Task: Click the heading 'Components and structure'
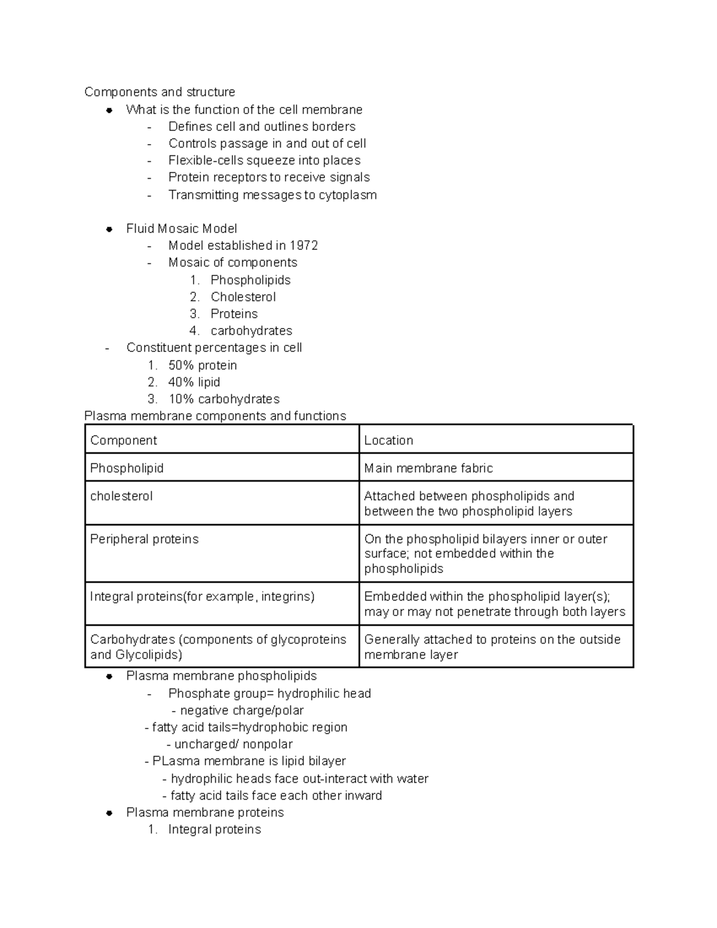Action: (x=160, y=92)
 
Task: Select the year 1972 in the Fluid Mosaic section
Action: (x=304, y=246)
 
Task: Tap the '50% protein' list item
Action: (x=203, y=365)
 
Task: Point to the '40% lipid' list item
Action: (x=194, y=382)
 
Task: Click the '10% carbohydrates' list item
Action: (x=223, y=399)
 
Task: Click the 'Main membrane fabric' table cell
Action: (x=428, y=468)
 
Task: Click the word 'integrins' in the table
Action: (x=286, y=596)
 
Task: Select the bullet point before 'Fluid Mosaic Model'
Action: (x=109, y=229)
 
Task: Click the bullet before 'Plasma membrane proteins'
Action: (x=109, y=813)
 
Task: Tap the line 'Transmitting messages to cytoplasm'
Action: (x=272, y=195)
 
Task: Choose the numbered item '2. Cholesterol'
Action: (x=243, y=297)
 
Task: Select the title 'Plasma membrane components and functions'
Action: (x=215, y=416)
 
